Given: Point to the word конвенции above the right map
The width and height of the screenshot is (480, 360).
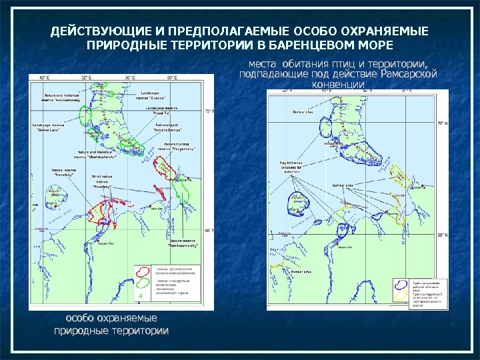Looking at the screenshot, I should [338, 85].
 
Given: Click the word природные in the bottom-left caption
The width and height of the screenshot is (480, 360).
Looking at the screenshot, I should [79, 330].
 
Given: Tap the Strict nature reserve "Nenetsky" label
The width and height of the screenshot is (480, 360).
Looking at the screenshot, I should [102, 181].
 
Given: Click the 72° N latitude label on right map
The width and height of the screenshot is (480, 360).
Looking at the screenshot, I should [442, 123].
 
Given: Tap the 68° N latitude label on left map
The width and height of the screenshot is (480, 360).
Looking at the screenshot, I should [207, 230].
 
